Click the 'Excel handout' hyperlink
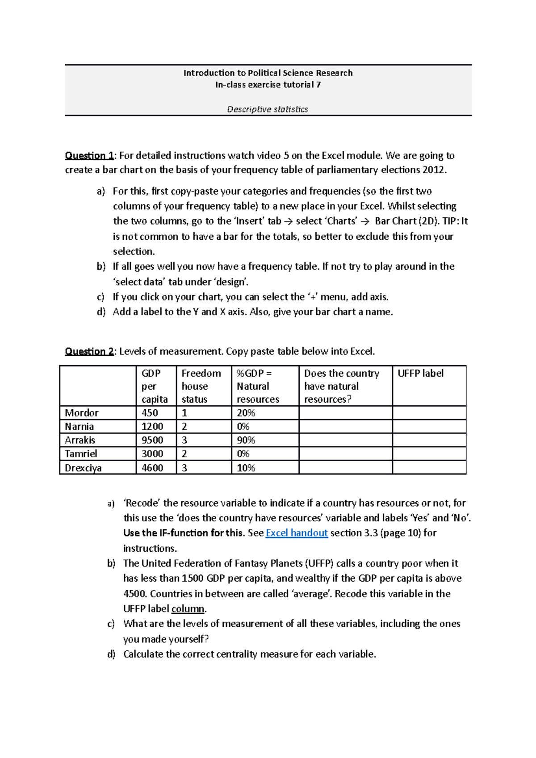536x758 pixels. (297, 533)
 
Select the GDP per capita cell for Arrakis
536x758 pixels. (152, 440)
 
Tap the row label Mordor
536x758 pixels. (82, 413)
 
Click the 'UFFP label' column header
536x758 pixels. (420, 374)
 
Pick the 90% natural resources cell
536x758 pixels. (246, 440)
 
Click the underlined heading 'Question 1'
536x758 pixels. (89, 156)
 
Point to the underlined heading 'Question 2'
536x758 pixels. (89, 352)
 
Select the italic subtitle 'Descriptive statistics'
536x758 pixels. (268, 109)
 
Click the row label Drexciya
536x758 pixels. (83, 468)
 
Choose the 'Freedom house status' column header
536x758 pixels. (201, 386)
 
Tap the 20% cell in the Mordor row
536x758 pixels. (246, 413)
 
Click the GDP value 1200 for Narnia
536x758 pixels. (152, 427)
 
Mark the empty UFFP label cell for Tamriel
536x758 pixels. (429, 454)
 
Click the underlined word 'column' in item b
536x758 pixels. (188, 609)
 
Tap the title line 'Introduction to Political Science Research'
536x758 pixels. (268, 73)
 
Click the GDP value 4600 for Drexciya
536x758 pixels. (152, 468)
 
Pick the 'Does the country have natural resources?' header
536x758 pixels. (342, 386)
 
